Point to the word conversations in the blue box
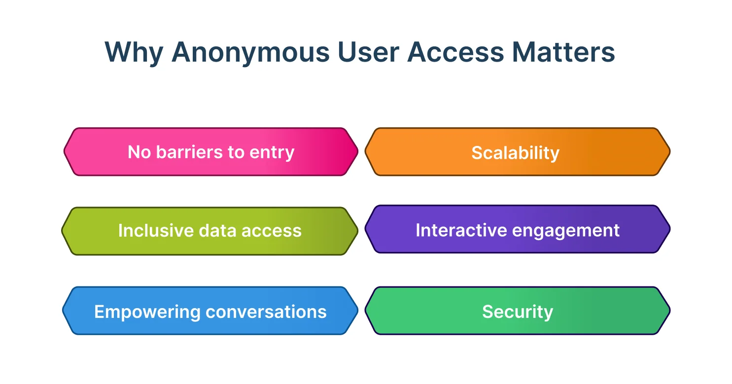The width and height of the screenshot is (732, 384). coord(266,312)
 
